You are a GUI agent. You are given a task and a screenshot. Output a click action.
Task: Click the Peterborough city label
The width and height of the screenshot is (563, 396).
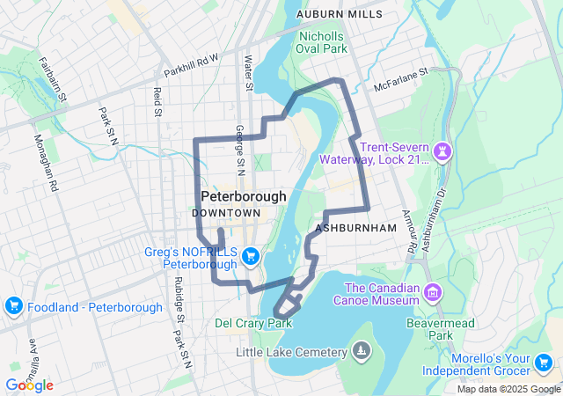point(244,196)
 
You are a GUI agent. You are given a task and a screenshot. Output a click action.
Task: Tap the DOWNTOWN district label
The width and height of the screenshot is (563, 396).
point(226,213)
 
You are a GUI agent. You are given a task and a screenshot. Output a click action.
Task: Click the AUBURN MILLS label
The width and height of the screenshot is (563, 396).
point(340,14)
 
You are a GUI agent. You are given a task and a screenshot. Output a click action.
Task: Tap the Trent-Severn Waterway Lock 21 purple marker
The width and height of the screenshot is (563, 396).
point(442,153)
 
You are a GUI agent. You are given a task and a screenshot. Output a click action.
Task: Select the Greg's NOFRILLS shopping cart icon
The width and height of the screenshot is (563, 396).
point(252,256)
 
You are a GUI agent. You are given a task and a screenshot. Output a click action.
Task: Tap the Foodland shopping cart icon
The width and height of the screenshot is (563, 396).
point(13,306)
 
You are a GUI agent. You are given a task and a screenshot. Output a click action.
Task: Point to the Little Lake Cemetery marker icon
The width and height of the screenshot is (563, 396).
point(360,352)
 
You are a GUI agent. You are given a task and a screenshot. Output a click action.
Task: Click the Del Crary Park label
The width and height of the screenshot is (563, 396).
point(253,323)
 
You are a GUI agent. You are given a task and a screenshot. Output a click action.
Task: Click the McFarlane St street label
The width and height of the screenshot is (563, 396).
point(400,79)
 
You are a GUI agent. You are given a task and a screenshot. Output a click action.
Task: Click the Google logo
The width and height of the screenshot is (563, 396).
point(29,385)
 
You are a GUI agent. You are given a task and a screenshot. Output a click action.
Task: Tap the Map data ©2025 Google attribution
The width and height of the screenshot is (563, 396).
point(508,389)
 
